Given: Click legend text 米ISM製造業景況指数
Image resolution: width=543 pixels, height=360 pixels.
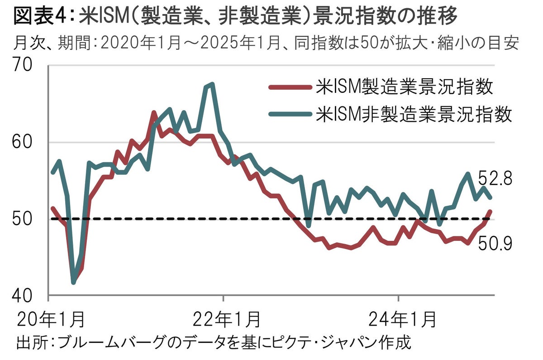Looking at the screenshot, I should point(404,87).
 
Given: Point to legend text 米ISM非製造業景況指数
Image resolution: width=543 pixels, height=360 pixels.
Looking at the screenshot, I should point(414,113).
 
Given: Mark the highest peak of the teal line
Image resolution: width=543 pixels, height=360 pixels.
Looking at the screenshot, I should point(212,84).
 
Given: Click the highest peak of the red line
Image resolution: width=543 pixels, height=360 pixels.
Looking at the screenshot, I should point(154,112).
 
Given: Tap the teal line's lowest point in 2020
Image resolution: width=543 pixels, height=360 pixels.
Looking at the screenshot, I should point(73,283).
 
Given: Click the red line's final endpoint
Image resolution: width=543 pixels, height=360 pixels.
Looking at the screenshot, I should point(491,211).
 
